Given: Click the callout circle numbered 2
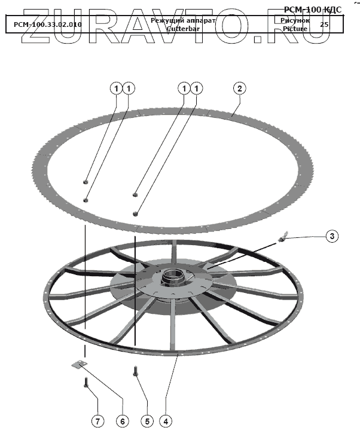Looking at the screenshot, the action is point(239,88).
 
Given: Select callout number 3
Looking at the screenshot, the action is point(332,236).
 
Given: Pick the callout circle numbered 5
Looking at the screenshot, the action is point(147,421).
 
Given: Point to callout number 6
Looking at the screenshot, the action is point(121,421).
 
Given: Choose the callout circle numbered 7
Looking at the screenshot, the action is point(97,421).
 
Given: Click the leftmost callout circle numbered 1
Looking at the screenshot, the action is point(115,88).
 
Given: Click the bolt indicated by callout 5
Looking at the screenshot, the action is point(136,372).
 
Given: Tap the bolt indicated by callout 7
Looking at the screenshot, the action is point(87,383).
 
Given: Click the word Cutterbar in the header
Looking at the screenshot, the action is point(182,28).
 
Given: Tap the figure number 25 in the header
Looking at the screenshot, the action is point(324,25).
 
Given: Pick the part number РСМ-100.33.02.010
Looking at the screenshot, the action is point(48,25).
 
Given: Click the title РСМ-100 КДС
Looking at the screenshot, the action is point(321,9).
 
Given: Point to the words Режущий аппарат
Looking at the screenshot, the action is point(182,20).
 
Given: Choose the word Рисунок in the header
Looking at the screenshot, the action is point(295,20).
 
